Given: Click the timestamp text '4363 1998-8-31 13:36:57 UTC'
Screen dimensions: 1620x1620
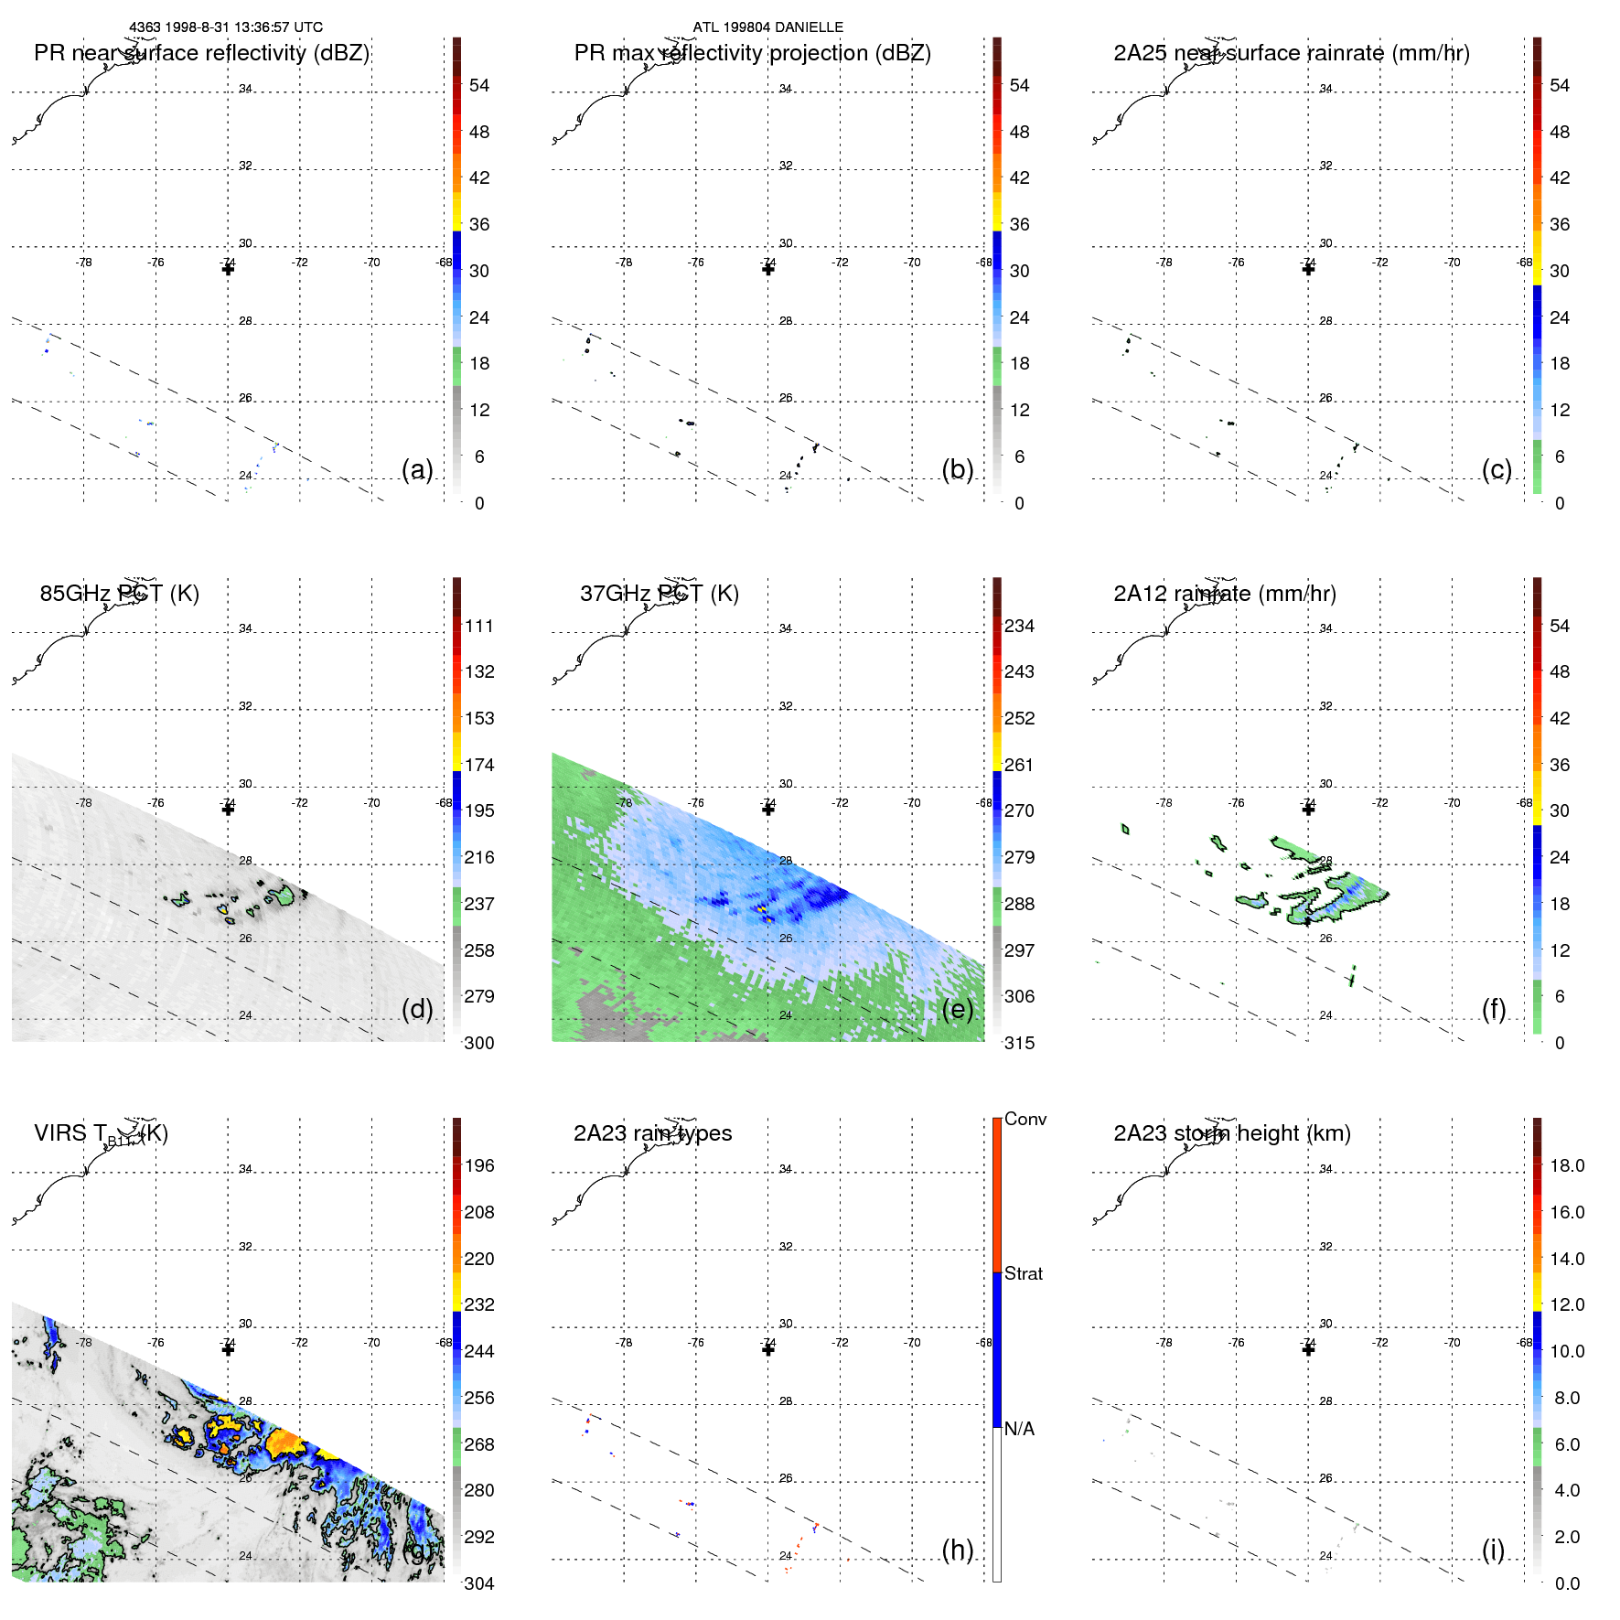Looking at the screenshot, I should click(225, 27).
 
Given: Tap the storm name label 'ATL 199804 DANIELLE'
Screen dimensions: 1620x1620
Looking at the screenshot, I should click(767, 27).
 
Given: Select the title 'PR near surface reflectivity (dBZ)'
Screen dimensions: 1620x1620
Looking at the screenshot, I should click(201, 53).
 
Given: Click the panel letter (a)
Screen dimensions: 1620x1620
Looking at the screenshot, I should click(417, 469).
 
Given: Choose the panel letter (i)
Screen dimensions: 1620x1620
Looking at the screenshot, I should click(1493, 1550).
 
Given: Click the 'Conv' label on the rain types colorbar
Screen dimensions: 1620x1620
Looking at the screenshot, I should click(1025, 1119).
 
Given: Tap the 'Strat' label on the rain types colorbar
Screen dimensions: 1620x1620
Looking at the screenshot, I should click(1024, 1273).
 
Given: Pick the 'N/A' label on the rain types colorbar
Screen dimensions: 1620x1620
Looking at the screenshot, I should click(1019, 1429).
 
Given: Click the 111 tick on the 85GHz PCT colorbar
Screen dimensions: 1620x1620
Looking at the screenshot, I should click(479, 626).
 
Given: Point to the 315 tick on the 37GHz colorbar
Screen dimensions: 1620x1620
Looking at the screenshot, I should click(1019, 1043).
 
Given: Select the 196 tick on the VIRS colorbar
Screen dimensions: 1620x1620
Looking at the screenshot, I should click(479, 1165).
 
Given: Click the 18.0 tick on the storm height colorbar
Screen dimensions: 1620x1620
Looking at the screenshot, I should click(1567, 1165).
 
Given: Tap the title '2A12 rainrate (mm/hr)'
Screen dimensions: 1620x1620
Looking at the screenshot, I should click(1225, 594).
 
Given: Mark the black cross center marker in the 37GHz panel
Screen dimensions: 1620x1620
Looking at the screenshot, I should click(768, 810).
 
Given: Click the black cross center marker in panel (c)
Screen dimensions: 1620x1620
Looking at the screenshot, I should click(1308, 269).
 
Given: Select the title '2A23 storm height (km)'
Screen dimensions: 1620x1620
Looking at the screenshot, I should click(1232, 1133).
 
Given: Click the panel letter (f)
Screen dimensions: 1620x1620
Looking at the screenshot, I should click(1494, 1009).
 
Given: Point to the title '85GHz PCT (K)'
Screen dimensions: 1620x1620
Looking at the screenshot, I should click(119, 594).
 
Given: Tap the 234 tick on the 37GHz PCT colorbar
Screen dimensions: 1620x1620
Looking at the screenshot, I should click(1019, 626).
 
